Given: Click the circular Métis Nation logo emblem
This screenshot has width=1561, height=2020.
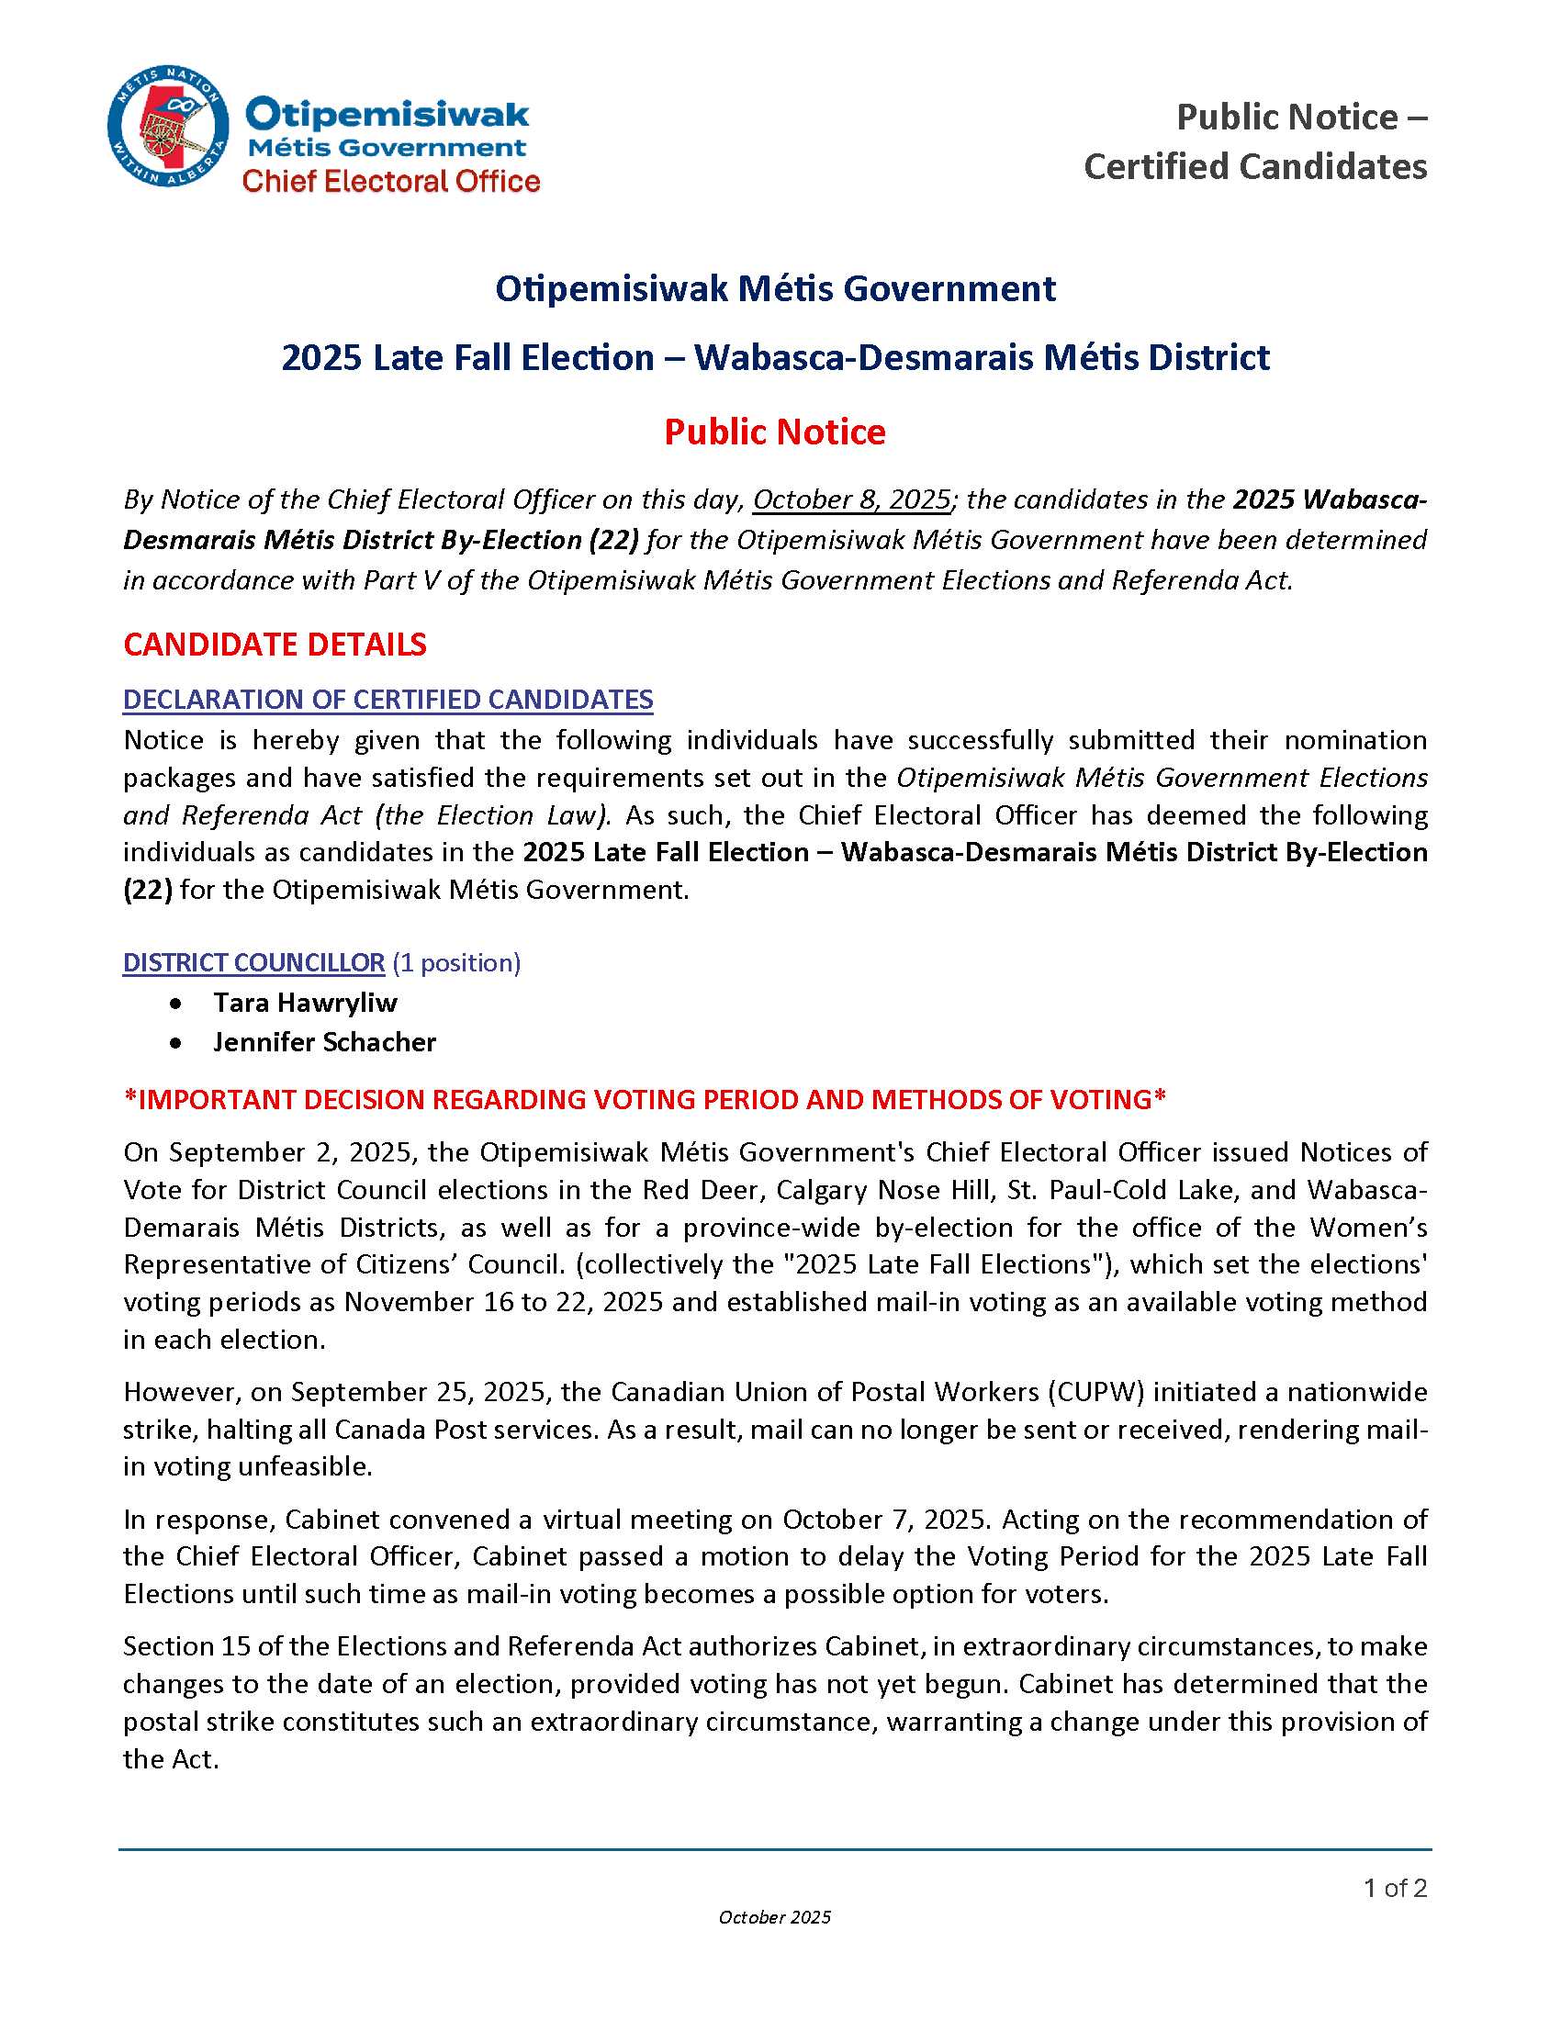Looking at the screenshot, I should click(x=168, y=126).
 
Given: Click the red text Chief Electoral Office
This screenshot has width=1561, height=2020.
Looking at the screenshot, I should click(x=391, y=181).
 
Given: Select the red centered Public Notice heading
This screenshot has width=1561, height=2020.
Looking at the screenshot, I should click(x=775, y=432).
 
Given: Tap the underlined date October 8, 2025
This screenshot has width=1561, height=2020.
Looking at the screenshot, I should click(x=852, y=499).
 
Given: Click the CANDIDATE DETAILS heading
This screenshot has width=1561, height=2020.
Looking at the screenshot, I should click(x=275, y=645).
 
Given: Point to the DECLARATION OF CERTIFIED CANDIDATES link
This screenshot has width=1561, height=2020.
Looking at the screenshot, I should click(x=388, y=700).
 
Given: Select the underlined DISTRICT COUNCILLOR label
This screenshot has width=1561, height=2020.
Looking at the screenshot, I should click(x=254, y=963).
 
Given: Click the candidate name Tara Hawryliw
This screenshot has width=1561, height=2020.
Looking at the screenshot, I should click(x=305, y=1003).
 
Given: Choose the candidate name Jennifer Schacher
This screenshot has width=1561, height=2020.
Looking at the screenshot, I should click(x=324, y=1042).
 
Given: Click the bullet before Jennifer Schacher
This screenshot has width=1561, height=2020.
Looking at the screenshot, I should click(x=175, y=1043).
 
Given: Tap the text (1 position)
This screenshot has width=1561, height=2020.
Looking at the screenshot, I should click(x=457, y=963).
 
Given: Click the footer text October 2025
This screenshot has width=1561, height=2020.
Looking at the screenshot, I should click(x=775, y=1917).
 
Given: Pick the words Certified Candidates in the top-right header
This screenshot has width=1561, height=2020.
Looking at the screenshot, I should click(x=1255, y=167).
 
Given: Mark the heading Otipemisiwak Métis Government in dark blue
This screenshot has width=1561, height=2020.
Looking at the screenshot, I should click(x=775, y=288).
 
